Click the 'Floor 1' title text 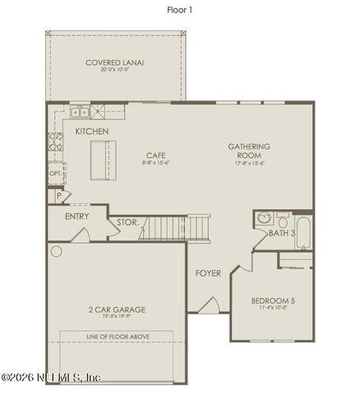(179, 11)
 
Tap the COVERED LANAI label (115, 63)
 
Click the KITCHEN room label (93, 131)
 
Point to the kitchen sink (79, 111)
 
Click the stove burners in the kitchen (57, 141)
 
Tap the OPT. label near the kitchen (55, 174)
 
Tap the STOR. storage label (127, 221)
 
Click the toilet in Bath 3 (282, 218)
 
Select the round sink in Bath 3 (265, 219)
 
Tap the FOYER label (208, 273)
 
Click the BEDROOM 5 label (273, 301)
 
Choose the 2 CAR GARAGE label (117, 309)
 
